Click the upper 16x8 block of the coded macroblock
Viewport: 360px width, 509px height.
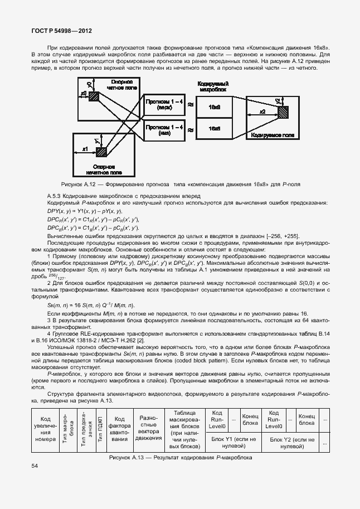click(215, 106)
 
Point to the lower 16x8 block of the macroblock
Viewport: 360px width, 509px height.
click(215, 129)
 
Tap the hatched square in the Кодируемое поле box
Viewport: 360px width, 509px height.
click(283, 112)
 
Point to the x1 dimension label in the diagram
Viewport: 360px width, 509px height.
click(85, 149)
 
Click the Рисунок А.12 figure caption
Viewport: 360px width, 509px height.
click(180, 184)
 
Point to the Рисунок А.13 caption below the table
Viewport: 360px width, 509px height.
click(180, 457)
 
